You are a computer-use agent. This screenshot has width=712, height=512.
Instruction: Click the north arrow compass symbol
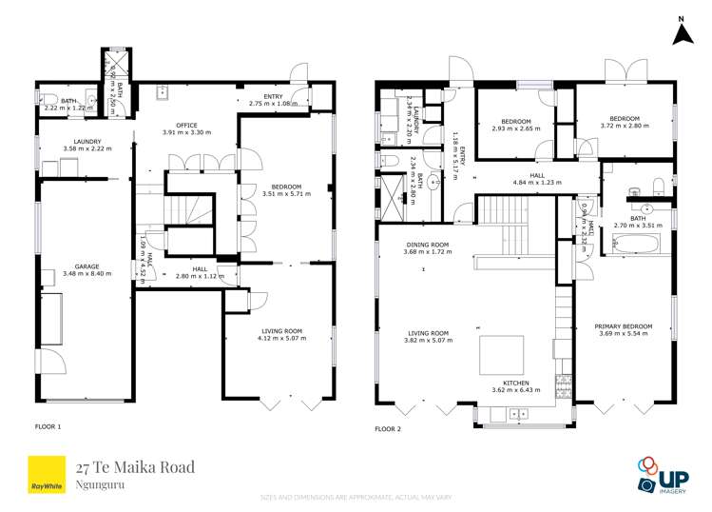click(x=681, y=31)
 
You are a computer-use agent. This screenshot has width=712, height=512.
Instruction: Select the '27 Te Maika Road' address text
click(x=135, y=466)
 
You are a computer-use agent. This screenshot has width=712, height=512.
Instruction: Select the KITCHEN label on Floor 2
click(x=516, y=383)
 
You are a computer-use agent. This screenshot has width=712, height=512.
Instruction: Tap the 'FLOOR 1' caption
click(x=48, y=426)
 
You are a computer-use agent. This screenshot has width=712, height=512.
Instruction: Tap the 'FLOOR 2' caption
click(x=388, y=429)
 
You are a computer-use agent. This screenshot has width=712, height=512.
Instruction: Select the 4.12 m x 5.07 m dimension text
click(x=279, y=339)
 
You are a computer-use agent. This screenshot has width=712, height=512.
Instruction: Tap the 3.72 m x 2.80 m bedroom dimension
click(x=624, y=126)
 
